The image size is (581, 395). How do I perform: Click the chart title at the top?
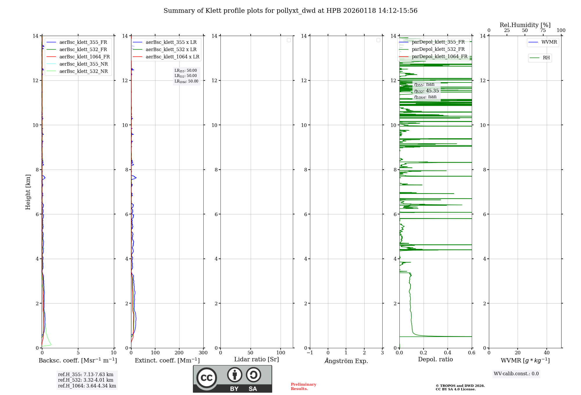tap(290, 11)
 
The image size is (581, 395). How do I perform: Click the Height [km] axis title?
tap(28, 192)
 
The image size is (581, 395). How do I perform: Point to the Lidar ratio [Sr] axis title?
tap(257, 360)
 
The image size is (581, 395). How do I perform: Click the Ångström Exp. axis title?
tap(346, 361)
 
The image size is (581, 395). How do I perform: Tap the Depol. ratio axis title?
tap(435, 360)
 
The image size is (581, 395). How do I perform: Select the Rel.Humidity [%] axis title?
tap(525, 25)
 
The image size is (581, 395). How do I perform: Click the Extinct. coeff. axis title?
tap(167, 361)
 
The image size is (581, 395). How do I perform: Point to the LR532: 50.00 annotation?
tap(186, 76)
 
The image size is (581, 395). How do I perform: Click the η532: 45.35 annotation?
tap(426, 91)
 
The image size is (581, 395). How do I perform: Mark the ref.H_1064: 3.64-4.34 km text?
tap(87, 386)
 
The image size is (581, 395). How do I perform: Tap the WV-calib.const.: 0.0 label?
tap(516, 374)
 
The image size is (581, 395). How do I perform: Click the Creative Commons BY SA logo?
tap(232, 379)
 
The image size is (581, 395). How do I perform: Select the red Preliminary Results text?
tap(303, 387)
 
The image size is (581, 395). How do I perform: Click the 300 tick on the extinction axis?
tap(203, 353)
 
